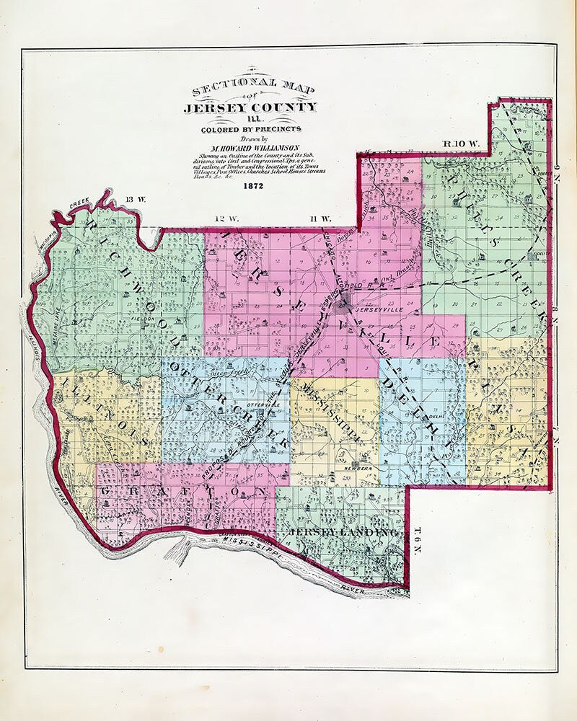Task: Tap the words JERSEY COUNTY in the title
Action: click(250, 108)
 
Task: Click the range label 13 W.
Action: click(135, 199)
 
